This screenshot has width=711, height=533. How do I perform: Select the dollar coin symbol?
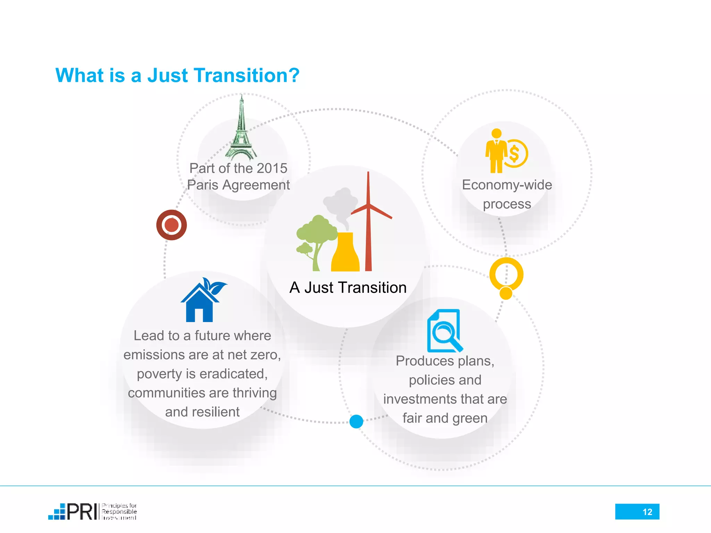point(515,154)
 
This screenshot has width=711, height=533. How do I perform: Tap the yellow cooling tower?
point(345,253)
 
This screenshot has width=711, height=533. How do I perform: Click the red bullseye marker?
point(172,225)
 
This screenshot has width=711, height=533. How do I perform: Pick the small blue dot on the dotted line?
point(356,421)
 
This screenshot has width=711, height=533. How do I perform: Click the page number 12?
point(647,512)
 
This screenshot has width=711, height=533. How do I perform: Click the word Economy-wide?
point(507,185)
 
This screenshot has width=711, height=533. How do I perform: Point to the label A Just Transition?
point(348,287)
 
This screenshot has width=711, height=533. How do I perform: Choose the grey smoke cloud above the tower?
point(340,203)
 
